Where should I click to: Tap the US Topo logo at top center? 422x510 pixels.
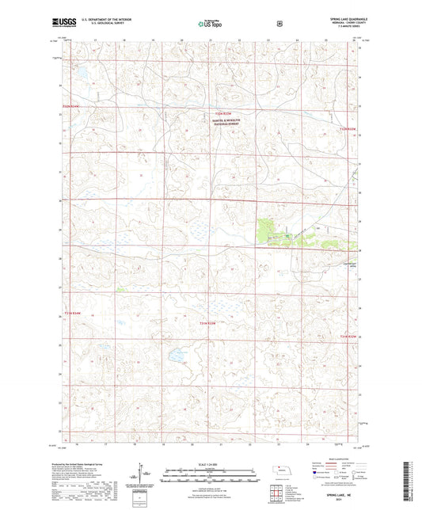click(210, 24)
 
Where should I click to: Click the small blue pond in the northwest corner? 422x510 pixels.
click(80, 76)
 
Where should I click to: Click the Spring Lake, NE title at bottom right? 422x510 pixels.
click(335, 493)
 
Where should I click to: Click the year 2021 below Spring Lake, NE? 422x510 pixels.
click(335, 499)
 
